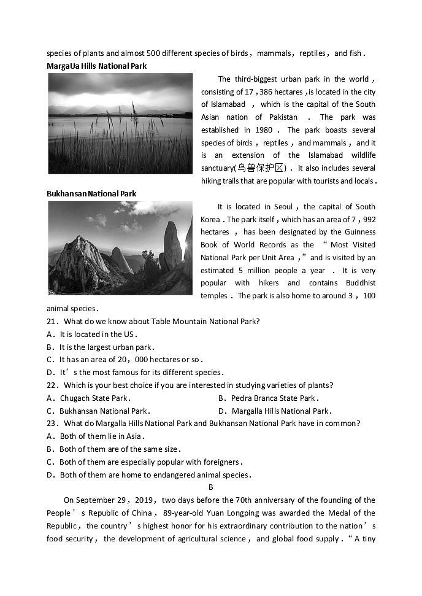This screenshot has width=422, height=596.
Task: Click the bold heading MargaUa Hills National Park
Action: tap(97, 66)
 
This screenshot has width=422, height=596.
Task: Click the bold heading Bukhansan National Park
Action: tap(91, 193)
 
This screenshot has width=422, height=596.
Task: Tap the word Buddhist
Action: tap(356, 283)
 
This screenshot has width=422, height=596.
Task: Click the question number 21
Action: tap(52, 321)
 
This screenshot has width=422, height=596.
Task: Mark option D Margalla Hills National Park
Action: tap(280, 411)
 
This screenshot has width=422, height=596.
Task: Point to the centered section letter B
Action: tap(210, 487)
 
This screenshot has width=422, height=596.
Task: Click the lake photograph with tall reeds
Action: tap(120, 123)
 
